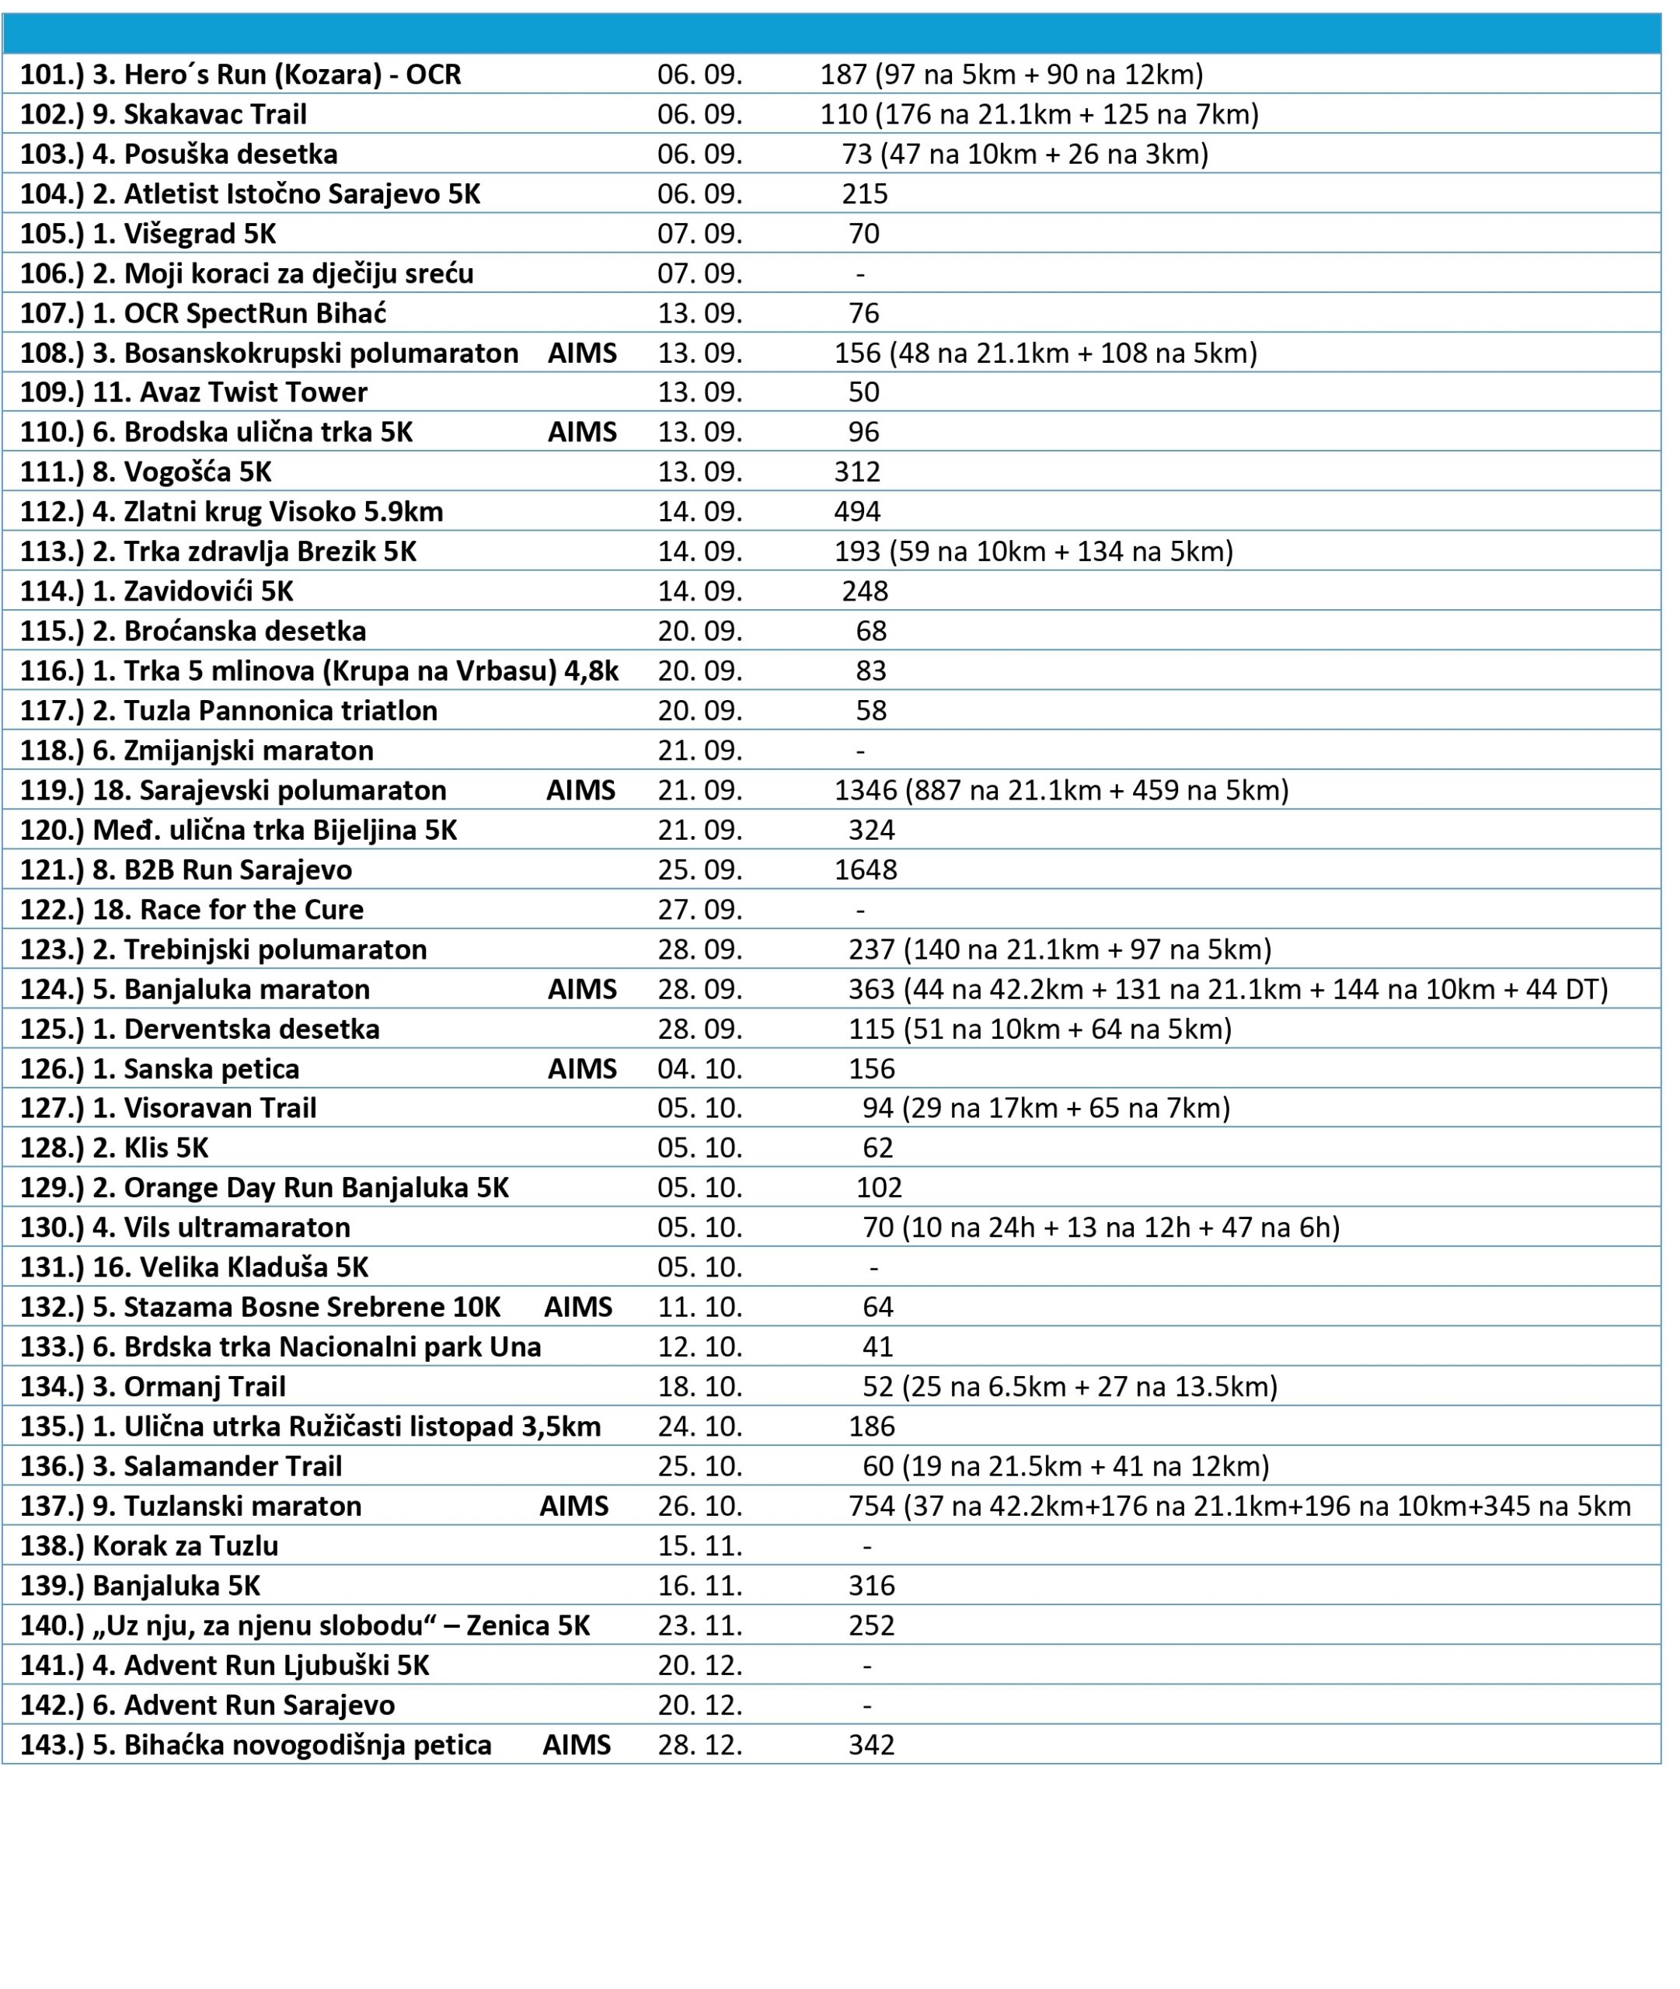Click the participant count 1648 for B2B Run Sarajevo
point(865,870)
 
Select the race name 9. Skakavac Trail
point(199,114)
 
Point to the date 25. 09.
point(699,870)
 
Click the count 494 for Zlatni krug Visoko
point(857,512)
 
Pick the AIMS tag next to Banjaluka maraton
point(582,989)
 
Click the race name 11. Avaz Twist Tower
point(228,392)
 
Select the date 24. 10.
point(699,1426)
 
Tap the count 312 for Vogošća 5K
point(857,472)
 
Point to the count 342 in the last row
point(871,1745)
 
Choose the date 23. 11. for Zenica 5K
point(699,1625)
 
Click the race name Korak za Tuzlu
point(185,1546)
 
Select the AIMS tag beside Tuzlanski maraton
point(574,1507)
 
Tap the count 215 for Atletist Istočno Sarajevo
point(865,194)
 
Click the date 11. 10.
point(699,1308)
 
